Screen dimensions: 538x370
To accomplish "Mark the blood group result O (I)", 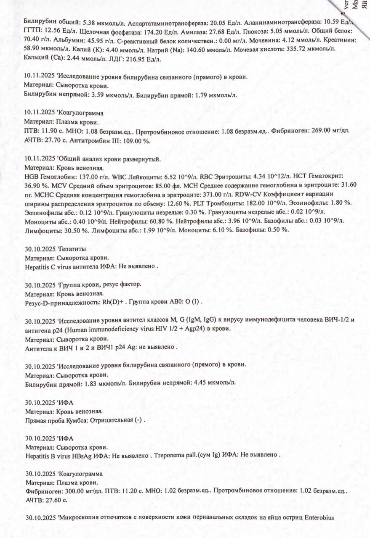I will coord(195,302).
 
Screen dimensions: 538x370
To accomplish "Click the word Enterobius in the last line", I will coord(319,518).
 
